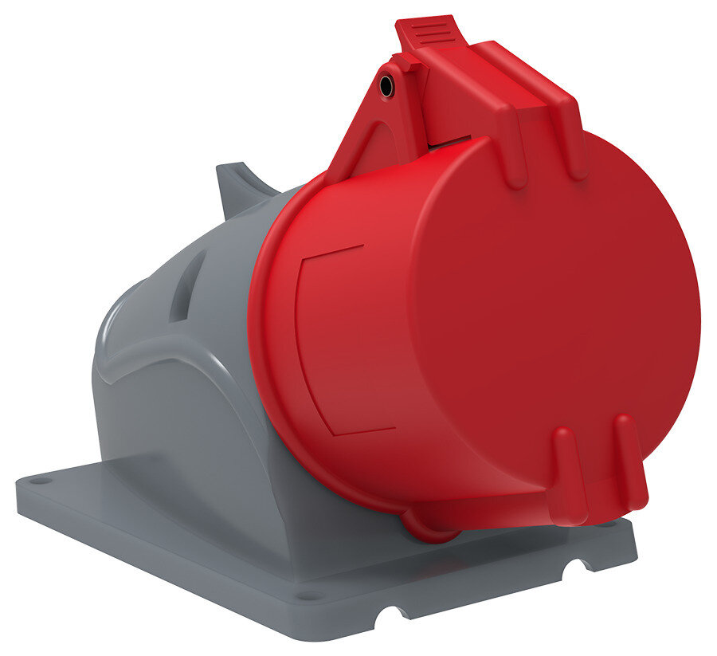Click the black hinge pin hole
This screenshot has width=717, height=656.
pyautogui.click(x=386, y=86)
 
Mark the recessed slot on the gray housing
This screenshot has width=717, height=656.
pyautogui.click(x=187, y=287)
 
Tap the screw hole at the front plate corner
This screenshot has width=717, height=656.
pyautogui.click(x=303, y=594)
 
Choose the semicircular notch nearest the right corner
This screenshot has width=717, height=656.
pyautogui.click(x=574, y=568)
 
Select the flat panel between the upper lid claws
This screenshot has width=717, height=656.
pyautogui.click(x=542, y=120)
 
